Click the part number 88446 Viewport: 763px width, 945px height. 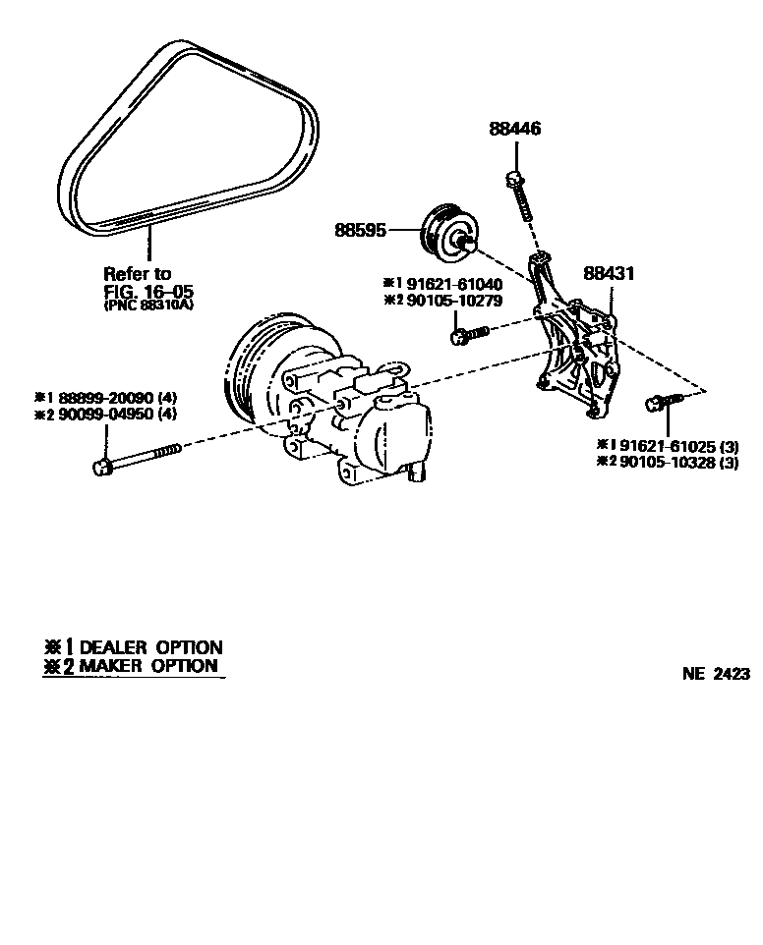pyautogui.click(x=515, y=129)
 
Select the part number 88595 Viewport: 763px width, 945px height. pyautogui.click(x=359, y=231)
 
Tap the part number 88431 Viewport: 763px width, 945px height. pyautogui.click(x=611, y=273)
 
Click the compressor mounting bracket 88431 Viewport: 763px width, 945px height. pyautogui.click(x=574, y=349)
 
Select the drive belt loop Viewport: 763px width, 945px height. pyautogui.click(x=187, y=138)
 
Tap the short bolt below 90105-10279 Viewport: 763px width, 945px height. pyautogui.click(x=468, y=337)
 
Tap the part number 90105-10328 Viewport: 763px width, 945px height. pyautogui.click(x=661, y=463)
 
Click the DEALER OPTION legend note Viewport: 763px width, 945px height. pyautogui.click(x=133, y=647)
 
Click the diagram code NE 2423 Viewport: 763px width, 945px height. pyautogui.click(x=716, y=674)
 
